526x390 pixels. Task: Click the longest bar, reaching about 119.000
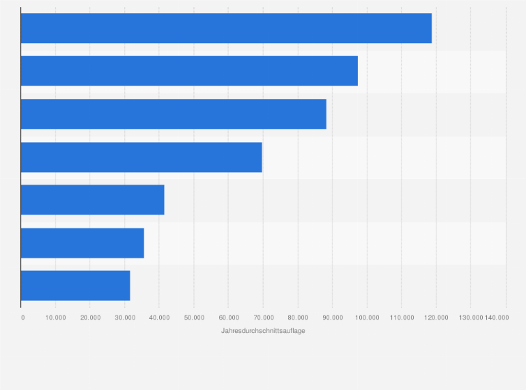[x=226, y=29]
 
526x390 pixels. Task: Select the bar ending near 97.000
[x=189, y=71]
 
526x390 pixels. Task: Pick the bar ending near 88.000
[x=173, y=114]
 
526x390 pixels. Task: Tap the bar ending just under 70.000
[x=141, y=157]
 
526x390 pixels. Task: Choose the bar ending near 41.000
[x=92, y=200]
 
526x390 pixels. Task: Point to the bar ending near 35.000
[x=82, y=243]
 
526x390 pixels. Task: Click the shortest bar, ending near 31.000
[x=75, y=286]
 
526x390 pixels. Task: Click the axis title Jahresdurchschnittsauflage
[x=263, y=331]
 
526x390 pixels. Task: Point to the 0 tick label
[x=23, y=318]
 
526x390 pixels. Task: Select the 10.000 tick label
[x=56, y=318]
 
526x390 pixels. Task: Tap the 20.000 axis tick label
[x=90, y=318]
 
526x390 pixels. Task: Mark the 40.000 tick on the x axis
[x=160, y=318]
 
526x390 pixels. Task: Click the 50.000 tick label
[x=194, y=318]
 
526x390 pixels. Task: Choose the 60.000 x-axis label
[x=229, y=318]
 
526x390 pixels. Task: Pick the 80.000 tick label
[x=298, y=318]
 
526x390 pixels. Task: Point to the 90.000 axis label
[x=333, y=318]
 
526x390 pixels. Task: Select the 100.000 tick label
[x=367, y=318]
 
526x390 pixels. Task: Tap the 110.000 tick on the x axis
[x=402, y=318]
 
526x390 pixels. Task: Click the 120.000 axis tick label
[x=436, y=318]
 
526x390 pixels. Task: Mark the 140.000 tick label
[x=497, y=318]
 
